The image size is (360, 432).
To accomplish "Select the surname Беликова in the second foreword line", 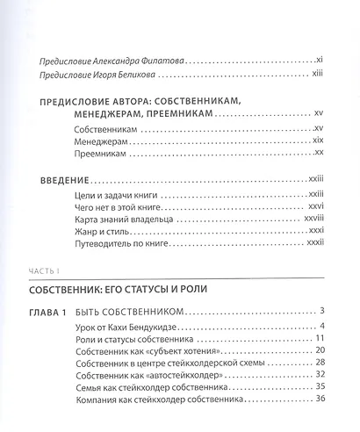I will (143, 77).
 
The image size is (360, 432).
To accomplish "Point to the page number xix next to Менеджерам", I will (320, 140).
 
